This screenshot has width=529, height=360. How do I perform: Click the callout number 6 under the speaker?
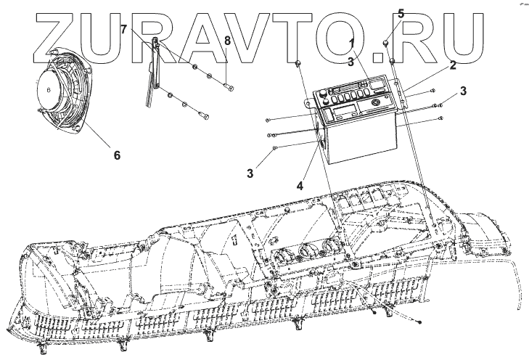pyautogui.click(x=115, y=155)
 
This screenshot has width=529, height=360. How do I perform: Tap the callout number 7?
pyautogui.click(x=124, y=30)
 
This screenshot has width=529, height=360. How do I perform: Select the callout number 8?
pyautogui.click(x=227, y=41)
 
